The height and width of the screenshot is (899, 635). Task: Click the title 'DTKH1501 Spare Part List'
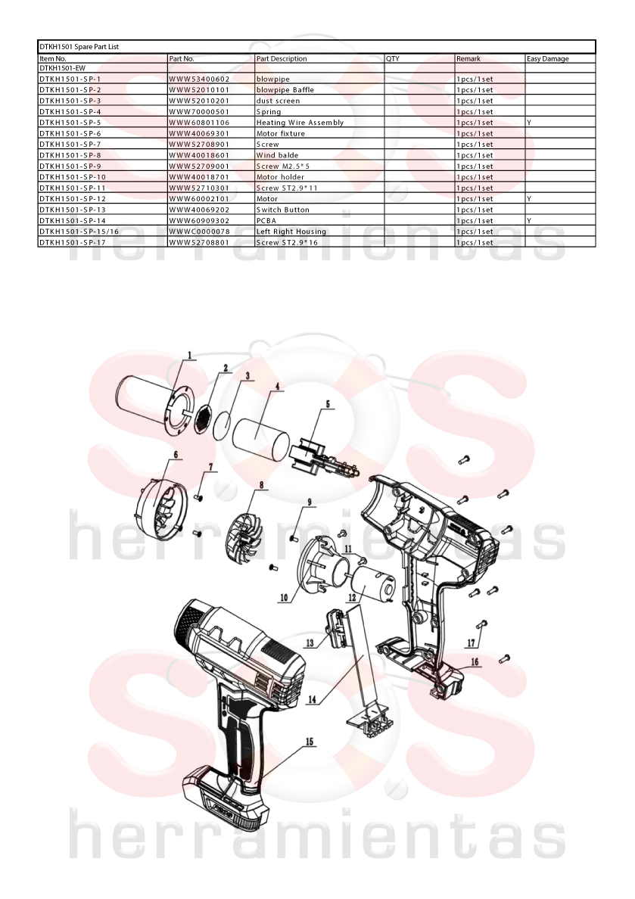[x=79, y=46]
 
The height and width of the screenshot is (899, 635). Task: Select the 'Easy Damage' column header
[x=548, y=58]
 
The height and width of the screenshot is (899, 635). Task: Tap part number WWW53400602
[x=199, y=79]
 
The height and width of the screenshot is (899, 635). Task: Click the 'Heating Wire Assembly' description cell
[x=300, y=123]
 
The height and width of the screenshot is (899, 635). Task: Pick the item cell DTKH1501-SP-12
[x=73, y=199]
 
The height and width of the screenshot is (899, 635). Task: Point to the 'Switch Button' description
[x=283, y=210]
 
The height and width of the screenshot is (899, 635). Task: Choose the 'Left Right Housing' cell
[x=291, y=232]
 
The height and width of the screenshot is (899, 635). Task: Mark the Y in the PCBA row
[x=529, y=221]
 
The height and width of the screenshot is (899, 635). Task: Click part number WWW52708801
[x=199, y=242]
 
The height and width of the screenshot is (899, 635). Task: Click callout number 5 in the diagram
[x=328, y=404]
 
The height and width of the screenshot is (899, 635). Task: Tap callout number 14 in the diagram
[x=312, y=699]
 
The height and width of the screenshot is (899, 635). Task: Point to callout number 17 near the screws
[x=472, y=642]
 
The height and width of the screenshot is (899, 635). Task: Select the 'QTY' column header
[x=393, y=58]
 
